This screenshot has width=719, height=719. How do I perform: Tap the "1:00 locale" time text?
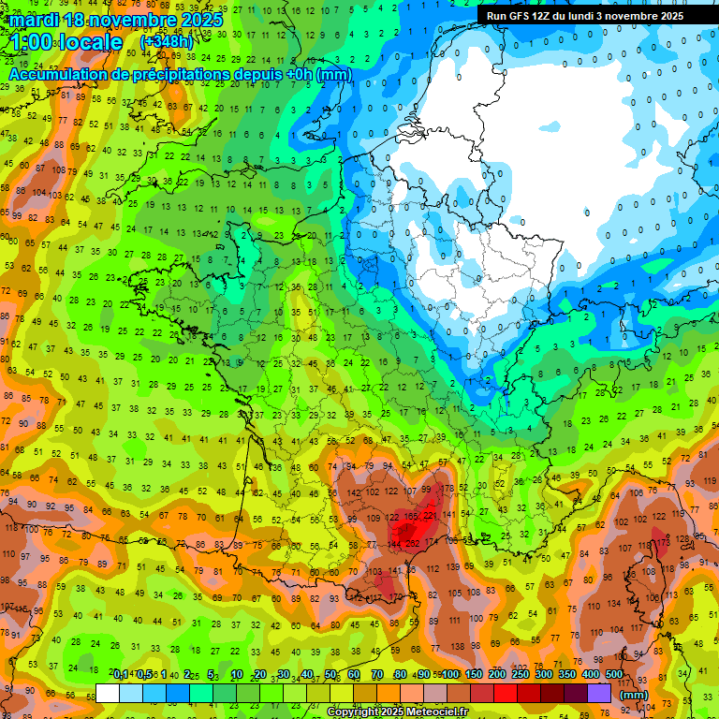click(x=66, y=42)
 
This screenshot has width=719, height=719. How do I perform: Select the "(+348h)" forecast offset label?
click(x=167, y=42)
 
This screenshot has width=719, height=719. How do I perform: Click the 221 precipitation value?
click(x=431, y=515)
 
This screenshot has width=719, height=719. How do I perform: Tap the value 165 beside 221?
click(x=410, y=516)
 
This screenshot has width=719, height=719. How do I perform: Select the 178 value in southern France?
click(x=448, y=488)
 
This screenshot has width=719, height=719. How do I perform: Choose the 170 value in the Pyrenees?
click(x=395, y=596)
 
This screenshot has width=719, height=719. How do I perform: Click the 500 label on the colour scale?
click(x=613, y=674)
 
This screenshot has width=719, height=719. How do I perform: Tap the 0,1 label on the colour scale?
click(x=121, y=674)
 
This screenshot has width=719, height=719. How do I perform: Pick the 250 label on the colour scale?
click(x=520, y=674)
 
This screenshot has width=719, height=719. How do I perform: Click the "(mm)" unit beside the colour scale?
click(x=634, y=695)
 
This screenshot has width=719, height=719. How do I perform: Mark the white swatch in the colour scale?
click(x=108, y=694)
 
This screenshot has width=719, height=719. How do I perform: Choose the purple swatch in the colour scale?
click(x=599, y=694)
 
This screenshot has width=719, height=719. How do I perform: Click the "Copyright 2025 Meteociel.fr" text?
click(x=397, y=712)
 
